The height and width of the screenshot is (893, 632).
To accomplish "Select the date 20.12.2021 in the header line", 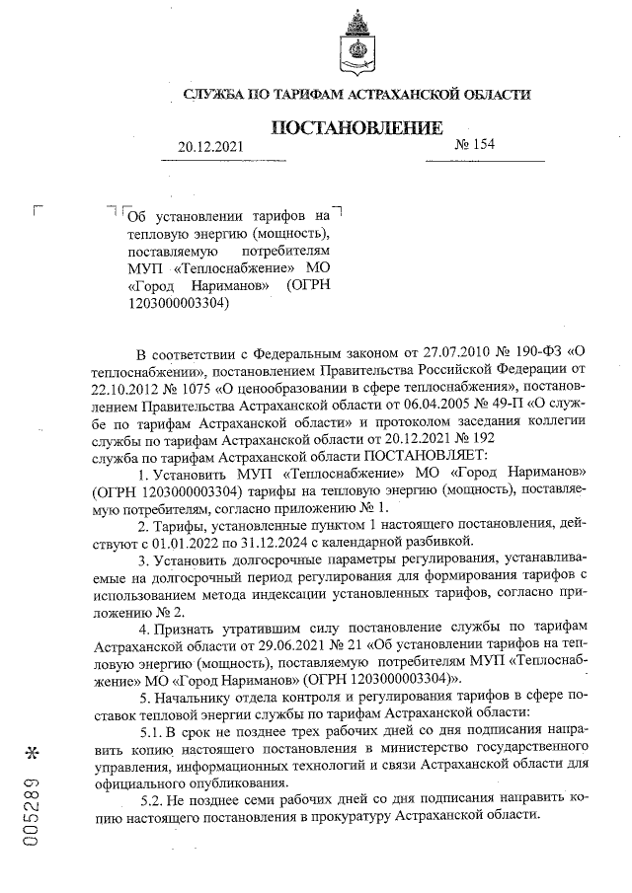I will pyautogui.click(x=209, y=147).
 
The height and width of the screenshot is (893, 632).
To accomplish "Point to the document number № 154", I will pyautogui.click(x=474, y=145).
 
